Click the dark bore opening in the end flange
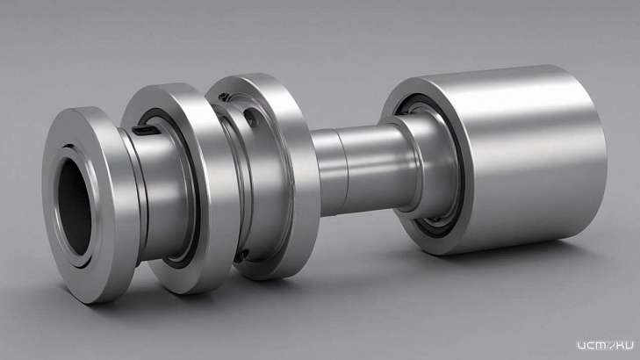[x=75, y=206]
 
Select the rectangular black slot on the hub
[x=146, y=131]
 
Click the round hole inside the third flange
[x=250, y=117]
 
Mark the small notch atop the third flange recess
[x=224, y=97]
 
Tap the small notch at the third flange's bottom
[x=241, y=256]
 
